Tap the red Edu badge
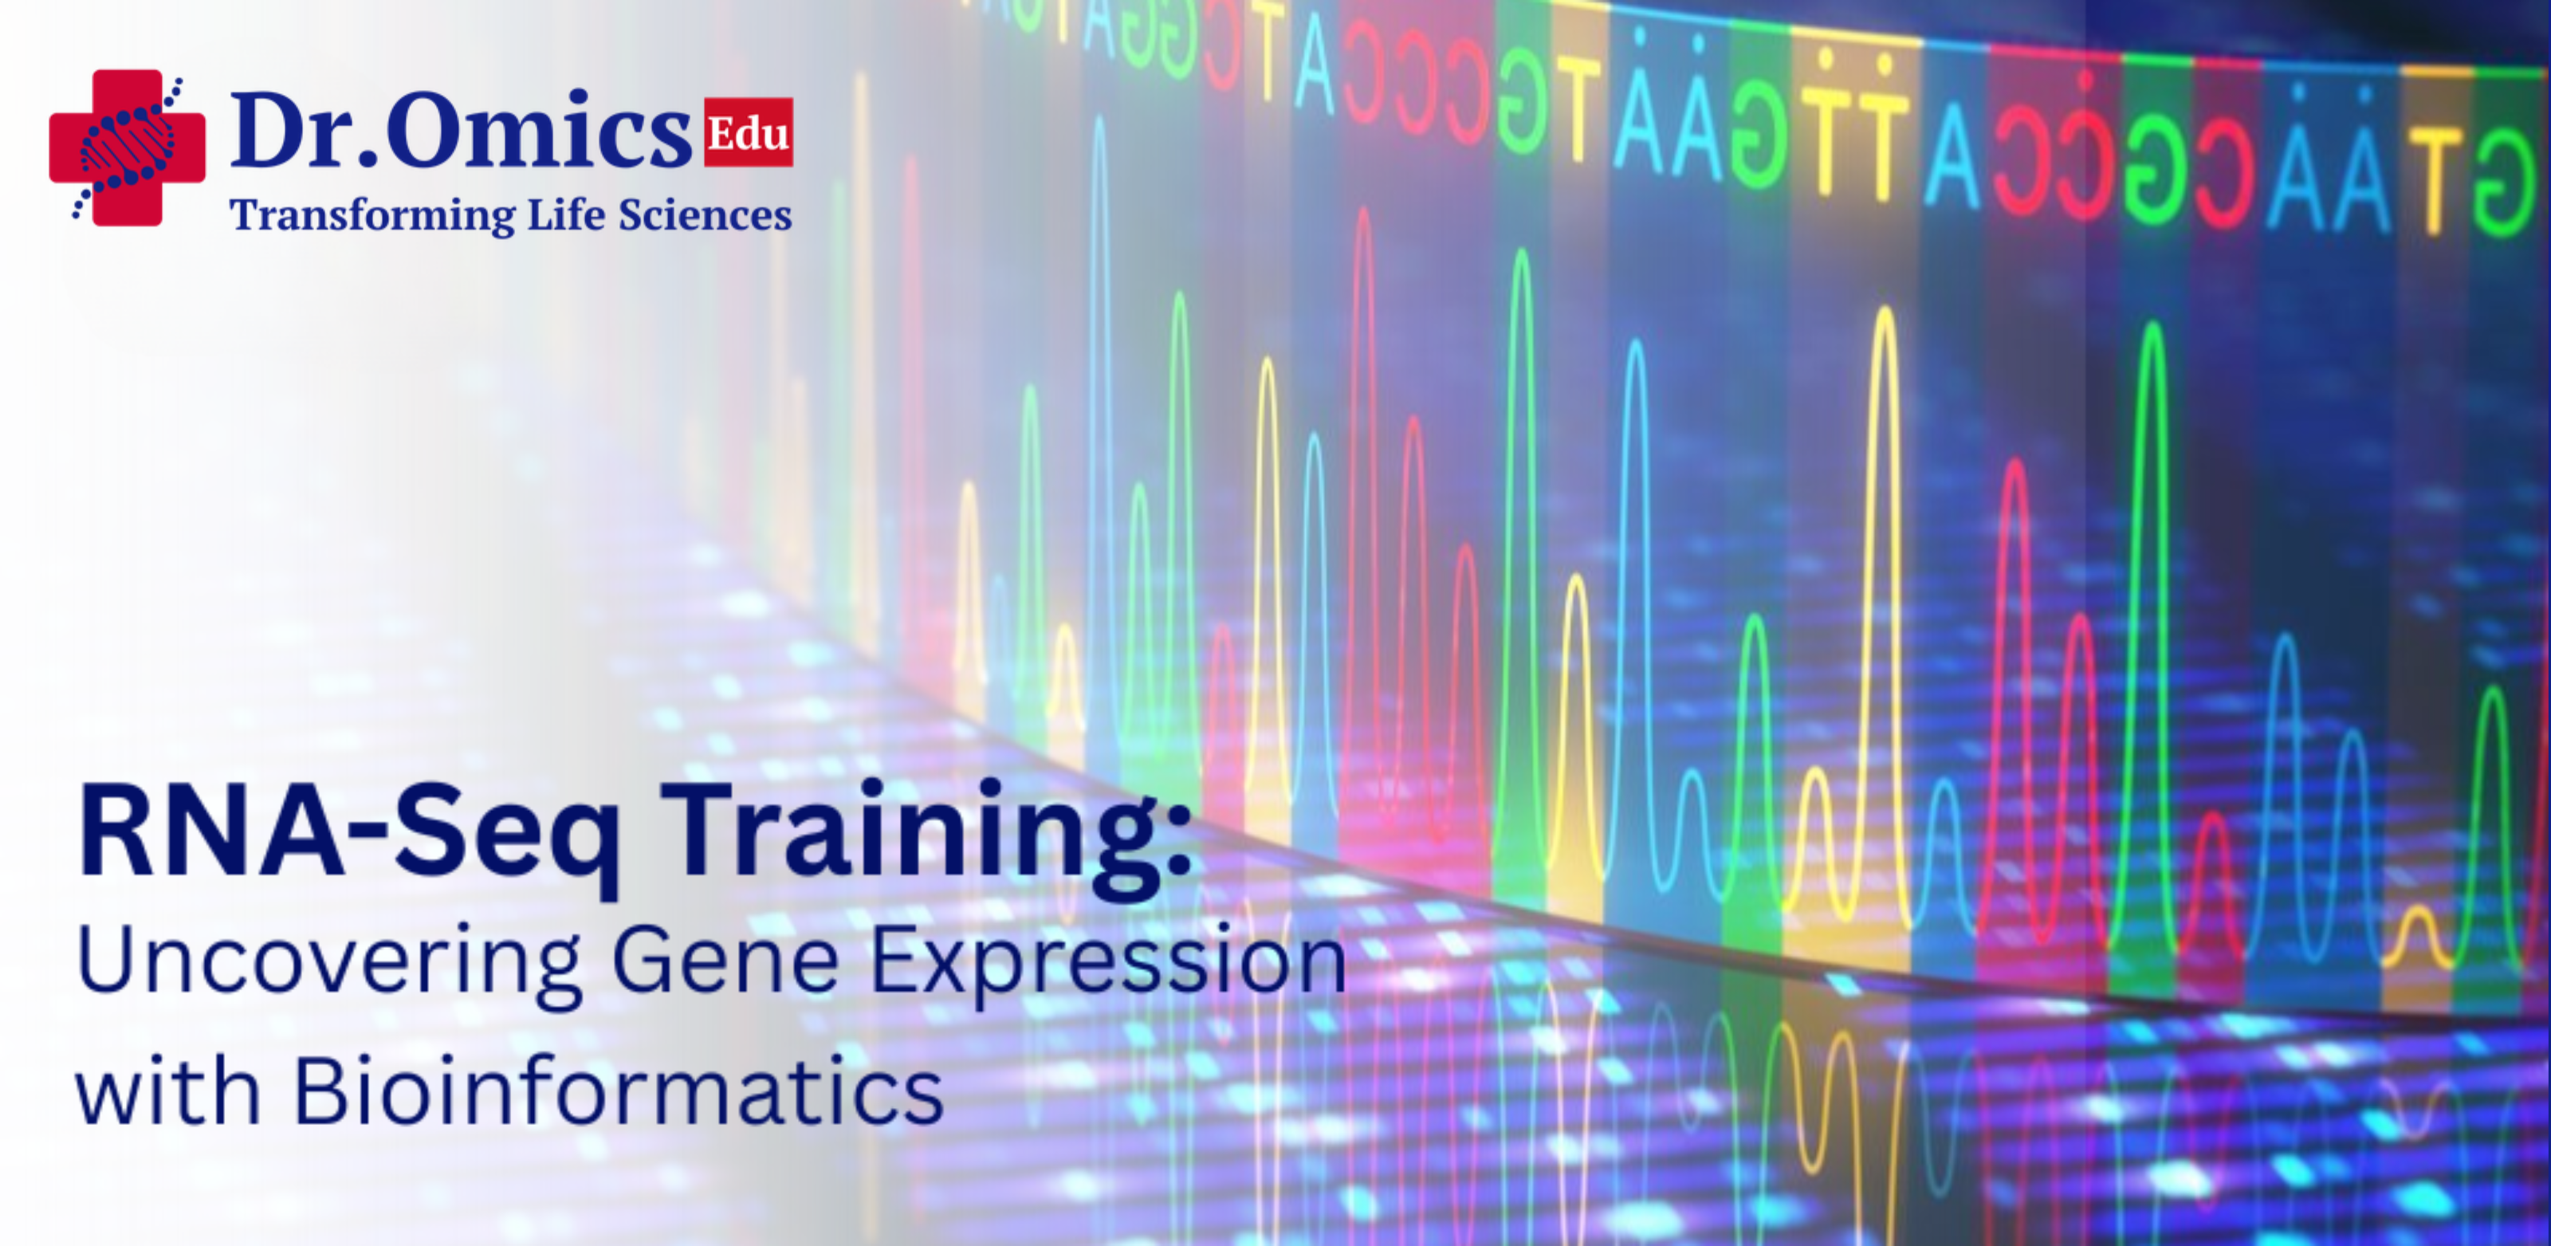click(748, 132)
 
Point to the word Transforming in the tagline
click(371, 216)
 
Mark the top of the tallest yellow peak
click(1885, 311)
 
